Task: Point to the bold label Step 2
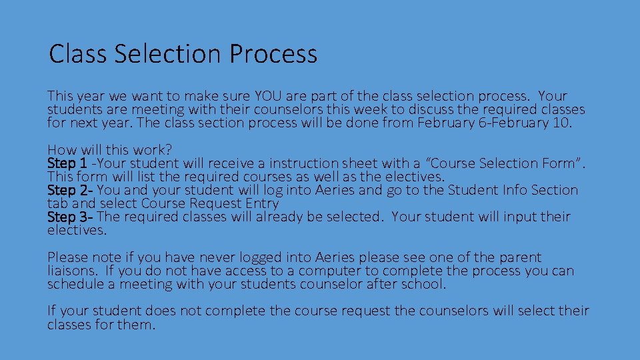pyautogui.click(x=69, y=190)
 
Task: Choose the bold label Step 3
pyautogui.click(x=69, y=217)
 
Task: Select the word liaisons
pyautogui.click(x=71, y=271)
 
